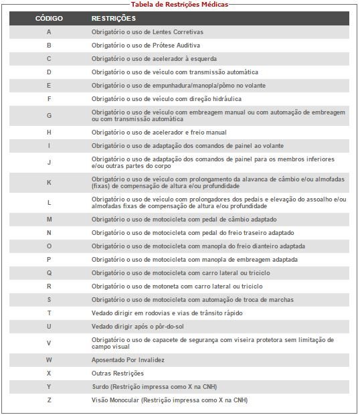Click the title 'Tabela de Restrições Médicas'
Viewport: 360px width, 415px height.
click(180, 4)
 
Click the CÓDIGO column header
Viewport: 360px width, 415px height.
click(49, 18)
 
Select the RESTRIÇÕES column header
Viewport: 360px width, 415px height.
click(113, 18)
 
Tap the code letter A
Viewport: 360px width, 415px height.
click(49, 32)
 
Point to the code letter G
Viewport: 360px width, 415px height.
click(49, 115)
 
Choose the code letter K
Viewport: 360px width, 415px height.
click(49, 182)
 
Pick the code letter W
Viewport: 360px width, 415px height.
click(49, 359)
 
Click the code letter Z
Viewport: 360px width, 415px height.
click(49, 400)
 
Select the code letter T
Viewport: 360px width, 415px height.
click(49, 313)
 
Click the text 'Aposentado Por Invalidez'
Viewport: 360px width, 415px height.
click(128, 359)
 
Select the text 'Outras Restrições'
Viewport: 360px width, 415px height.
click(117, 373)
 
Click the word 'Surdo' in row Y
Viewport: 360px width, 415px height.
click(100, 386)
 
